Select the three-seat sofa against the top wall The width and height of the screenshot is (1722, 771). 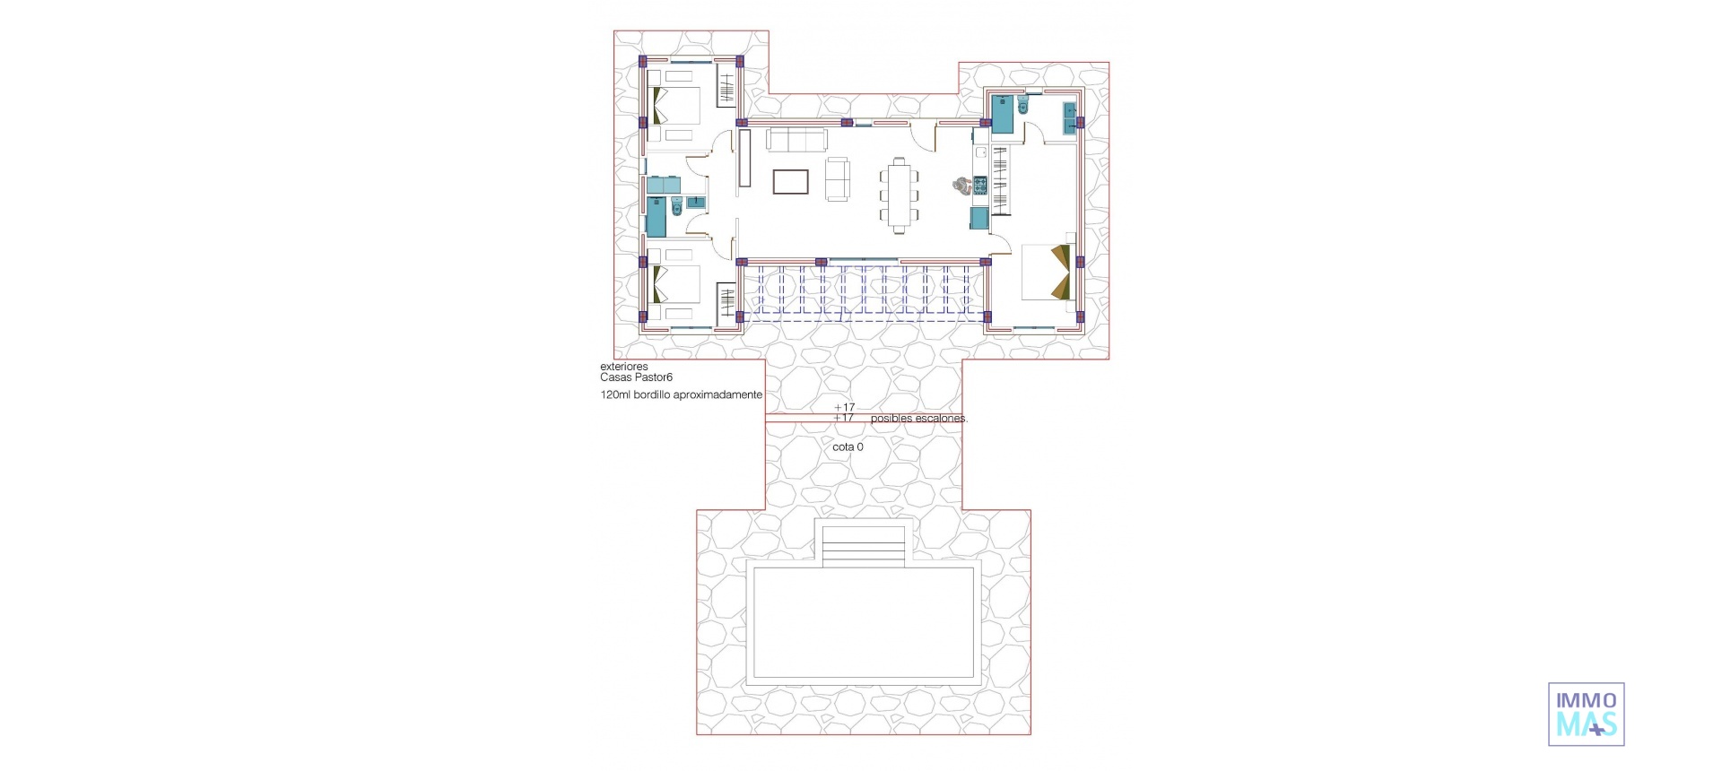796,141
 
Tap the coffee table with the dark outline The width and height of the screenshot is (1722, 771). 791,182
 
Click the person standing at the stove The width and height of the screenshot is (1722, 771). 961,186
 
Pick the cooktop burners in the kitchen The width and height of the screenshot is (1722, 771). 979,186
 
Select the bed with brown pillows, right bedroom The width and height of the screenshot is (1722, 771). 1047,272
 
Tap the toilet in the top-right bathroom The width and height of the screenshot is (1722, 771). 1025,108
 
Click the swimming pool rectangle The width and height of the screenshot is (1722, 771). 863,621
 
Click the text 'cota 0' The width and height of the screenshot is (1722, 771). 848,446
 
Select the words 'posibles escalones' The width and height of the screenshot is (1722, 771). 918,419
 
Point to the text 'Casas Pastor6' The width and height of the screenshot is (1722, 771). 636,377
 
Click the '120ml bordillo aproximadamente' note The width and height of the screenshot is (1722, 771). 681,394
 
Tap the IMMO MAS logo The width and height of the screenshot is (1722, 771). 1586,714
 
